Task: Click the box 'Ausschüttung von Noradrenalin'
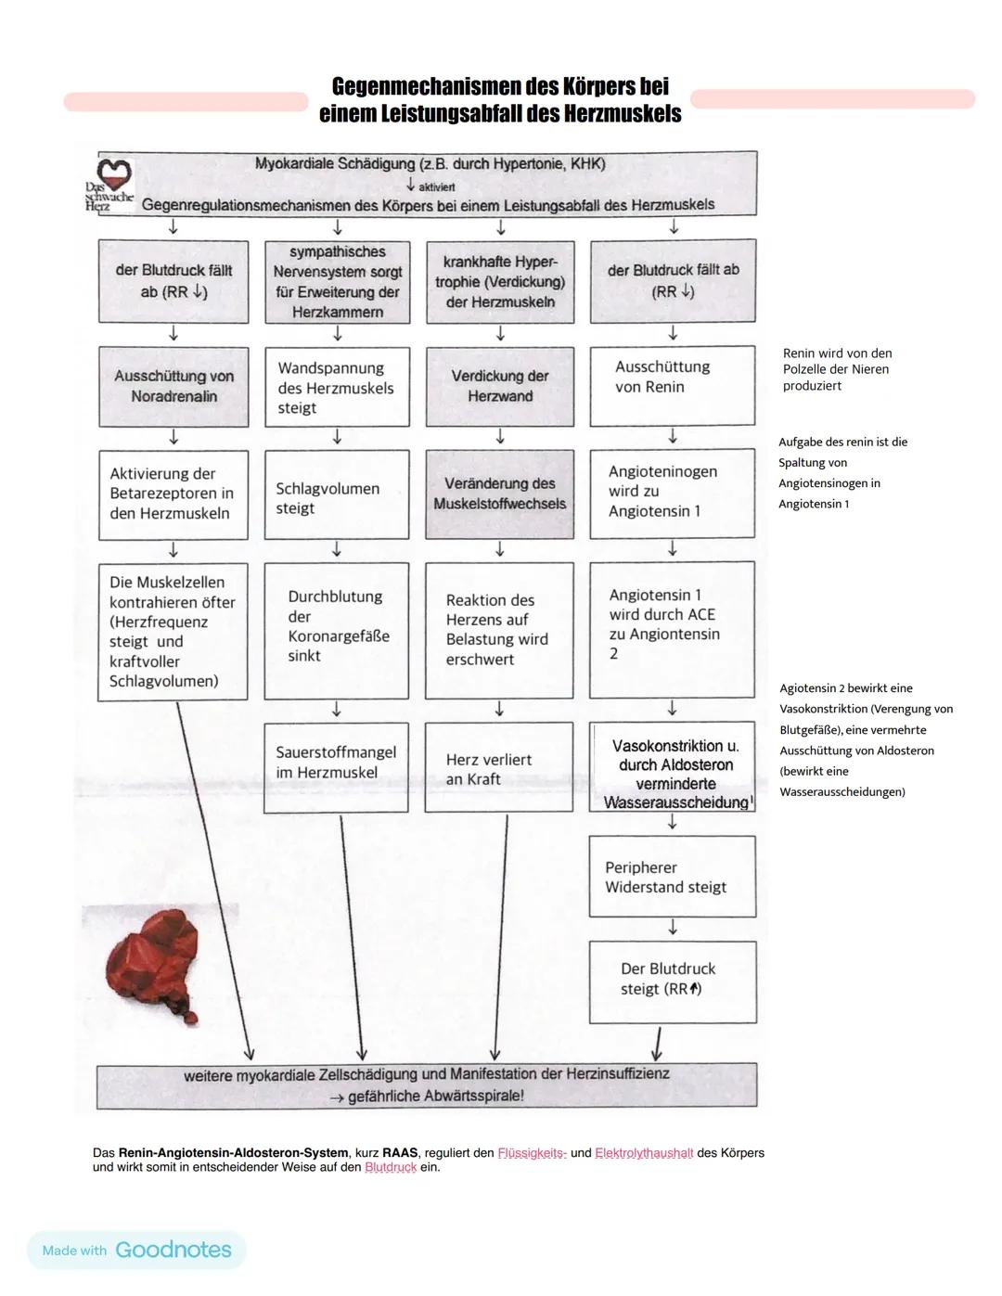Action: pyautogui.click(x=173, y=386)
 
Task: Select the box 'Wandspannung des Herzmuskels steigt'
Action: pyautogui.click(x=337, y=387)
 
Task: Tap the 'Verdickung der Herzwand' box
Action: pyautogui.click(x=500, y=386)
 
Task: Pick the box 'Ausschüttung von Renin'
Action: pyautogui.click(x=673, y=386)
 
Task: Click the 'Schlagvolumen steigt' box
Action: pyautogui.click(x=337, y=498)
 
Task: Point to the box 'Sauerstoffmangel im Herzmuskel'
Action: pyautogui.click(x=336, y=767)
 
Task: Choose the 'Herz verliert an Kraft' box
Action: pyautogui.click(x=499, y=767)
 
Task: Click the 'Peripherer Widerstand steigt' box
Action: pyautogui.click(x=673, y=877)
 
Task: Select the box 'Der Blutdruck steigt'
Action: pyautogui.click(x=673, y=982)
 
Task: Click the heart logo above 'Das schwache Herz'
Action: pyautogui.click(x=115, y=173)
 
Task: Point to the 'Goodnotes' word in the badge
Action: pyautogui.click(x=173, y=1250)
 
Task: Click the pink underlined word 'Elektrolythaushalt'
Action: pyautogui.click(x=644, y=1153)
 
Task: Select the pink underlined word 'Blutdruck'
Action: pyautogui.click(x=391, y=1167)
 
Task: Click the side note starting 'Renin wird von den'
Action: pyautogui.click(x=837, y=369)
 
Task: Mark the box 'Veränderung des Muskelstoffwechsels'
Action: pyautogui.click(x=500, y=494)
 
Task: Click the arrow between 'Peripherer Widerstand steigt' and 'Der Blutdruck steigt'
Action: pyautogui.click(x=673, y=928)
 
